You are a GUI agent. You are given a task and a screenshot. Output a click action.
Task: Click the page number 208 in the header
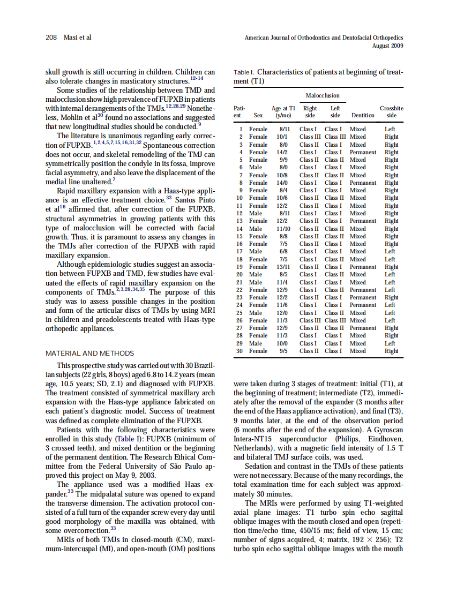pos(51,37)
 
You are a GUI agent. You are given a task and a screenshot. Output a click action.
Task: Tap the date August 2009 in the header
pos(387,46)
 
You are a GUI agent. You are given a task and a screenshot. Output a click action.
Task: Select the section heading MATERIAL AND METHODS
pos(90,354)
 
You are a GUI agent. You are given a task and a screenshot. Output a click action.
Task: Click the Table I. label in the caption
pos(244,72)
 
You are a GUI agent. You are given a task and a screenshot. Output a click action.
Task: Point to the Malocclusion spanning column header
pos(322,95)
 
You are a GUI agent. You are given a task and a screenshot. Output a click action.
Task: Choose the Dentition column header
pos(362,115)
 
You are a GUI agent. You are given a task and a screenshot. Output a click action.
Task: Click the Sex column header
pos(258,115)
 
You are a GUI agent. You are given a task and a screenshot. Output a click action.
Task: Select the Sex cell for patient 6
pos(256,168)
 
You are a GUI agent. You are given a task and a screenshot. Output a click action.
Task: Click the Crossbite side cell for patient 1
pos(390,129)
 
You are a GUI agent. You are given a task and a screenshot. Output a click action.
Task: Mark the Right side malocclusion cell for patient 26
pos(310,320)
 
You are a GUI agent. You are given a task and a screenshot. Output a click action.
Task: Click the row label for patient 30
pos(241,351)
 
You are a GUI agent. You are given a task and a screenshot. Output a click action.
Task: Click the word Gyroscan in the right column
pos(385,431)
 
